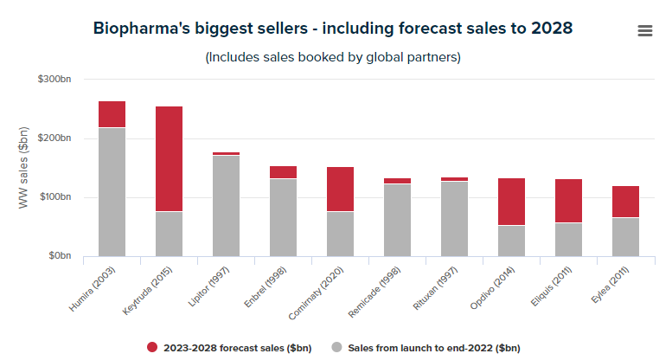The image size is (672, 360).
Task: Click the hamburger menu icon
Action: pyautogui.click(x=644, y=31)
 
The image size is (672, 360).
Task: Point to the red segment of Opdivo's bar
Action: pyautogui.click(x=511, y=202)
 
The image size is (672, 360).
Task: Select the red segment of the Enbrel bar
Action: pyautogui.click(x=283, y=172)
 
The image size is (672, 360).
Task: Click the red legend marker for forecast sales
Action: pyautogui.click(x=152, y=347)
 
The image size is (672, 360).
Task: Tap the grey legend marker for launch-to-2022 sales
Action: pyautogui.click(x=337, y=347)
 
